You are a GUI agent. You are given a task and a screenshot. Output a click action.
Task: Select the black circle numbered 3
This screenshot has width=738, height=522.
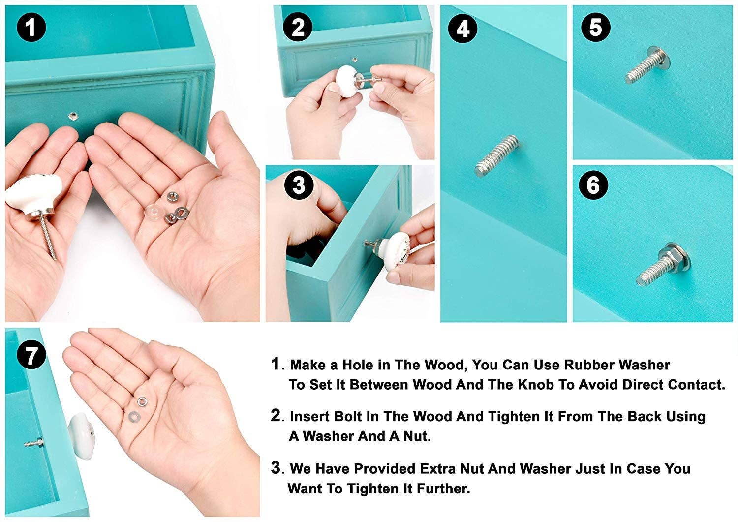(x=299, y=184)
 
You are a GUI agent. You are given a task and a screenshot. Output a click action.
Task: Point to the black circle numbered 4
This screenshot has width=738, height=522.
(x=462, y=29)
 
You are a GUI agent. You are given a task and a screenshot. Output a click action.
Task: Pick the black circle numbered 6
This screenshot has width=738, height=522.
(x=593, y=184)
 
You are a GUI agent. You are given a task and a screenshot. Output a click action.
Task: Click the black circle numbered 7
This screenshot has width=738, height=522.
(x=31, y=355)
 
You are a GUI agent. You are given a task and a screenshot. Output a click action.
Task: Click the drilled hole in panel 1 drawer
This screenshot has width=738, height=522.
(x=72, y=116)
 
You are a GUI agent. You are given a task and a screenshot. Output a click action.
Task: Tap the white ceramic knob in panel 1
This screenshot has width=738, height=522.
(x=33, y=194)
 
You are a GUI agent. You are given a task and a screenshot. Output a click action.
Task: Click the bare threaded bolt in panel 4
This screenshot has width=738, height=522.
(x=497, y=155)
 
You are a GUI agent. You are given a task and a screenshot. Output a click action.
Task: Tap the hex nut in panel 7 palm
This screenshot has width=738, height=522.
(x=142, y=401)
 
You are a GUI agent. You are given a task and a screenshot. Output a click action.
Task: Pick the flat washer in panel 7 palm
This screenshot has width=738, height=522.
(x=134, y=417)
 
